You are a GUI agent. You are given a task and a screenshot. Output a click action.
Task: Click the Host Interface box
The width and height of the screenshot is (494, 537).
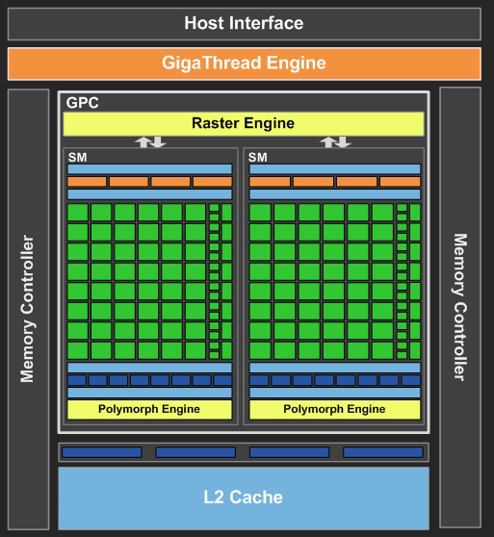coord(244,23)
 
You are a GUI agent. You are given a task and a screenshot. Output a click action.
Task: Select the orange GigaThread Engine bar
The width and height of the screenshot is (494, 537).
coord(244,64)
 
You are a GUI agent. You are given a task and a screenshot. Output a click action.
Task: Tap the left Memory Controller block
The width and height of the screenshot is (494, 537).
coord(27,308)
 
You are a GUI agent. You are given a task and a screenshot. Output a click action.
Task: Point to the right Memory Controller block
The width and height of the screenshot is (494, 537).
coord(460,308)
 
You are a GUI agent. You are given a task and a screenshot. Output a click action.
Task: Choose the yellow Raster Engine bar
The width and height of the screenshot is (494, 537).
coord(244,124)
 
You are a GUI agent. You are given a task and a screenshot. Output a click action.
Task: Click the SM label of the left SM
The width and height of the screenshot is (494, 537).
coord(76,156)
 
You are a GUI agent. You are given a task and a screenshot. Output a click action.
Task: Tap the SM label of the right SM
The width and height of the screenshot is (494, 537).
coord(258,156)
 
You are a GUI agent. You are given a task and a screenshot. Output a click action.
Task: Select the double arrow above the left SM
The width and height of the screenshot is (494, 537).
coord(149,141)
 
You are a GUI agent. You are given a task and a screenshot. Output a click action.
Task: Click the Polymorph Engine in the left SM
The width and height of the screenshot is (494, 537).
coord(149,409)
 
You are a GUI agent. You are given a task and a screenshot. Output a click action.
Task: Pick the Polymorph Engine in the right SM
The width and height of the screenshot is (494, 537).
coord(335,409)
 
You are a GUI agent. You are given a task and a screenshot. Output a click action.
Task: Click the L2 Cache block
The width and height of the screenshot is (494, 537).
coord(244,498)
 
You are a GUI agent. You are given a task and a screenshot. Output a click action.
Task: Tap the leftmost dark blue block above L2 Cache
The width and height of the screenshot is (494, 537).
coord(101,452)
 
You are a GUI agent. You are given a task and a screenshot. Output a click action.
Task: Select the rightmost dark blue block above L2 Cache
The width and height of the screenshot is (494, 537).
coord(382,452)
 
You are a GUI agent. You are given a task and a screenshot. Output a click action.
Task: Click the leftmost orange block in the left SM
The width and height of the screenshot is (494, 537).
coord(87,181)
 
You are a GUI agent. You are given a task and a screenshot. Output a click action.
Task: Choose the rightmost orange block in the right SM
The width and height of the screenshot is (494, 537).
coord(400,181)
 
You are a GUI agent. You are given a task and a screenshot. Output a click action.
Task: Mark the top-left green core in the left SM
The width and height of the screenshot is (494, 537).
coord(77,212)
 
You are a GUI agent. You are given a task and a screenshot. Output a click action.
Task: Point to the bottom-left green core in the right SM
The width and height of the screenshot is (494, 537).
coord(260,350)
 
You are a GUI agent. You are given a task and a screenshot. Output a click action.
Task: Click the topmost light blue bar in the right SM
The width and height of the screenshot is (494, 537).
coord(335,169)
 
